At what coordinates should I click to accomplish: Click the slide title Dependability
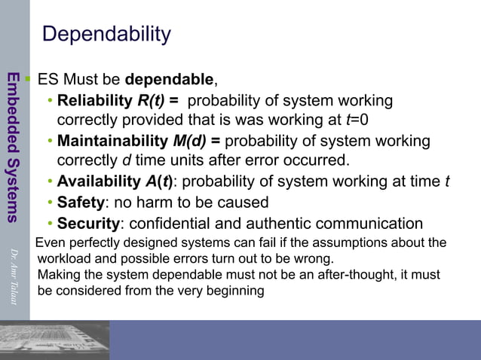click(106, 35)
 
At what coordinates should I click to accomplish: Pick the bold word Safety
click(80, 203)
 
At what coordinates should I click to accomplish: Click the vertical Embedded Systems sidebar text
click(13, 146)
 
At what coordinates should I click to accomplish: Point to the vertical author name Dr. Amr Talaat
click(13, 275)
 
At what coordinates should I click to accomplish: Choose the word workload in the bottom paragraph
click(64, 258)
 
